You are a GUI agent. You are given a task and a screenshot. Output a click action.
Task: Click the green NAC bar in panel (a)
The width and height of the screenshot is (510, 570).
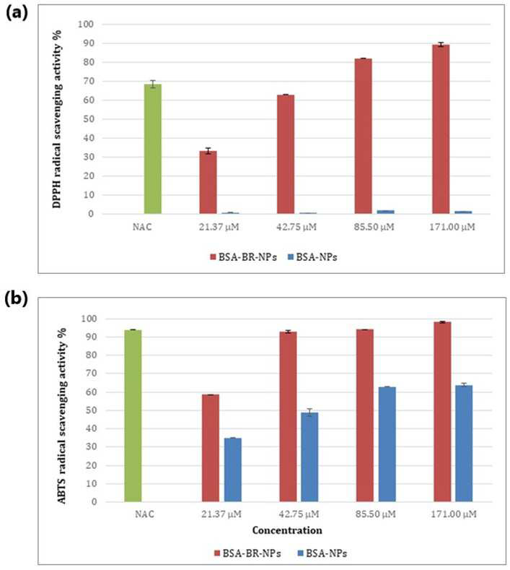[x=153, y=149]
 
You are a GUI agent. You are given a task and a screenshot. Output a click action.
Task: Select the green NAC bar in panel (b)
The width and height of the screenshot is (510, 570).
[x=133, y=416]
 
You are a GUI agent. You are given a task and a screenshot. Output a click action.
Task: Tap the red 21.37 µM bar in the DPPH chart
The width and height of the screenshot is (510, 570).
[x=208, y=182]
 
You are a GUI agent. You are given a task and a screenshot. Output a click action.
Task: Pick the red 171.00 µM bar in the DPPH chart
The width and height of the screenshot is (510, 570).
[x=441, y=129]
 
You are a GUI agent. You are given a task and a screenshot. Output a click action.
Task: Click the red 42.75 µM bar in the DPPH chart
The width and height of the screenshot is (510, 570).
[x=286, y=154]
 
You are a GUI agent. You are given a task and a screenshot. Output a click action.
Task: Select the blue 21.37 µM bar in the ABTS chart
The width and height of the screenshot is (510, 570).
[x=233, y=470]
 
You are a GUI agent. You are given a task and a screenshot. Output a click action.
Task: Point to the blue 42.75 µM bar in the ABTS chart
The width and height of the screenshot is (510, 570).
[x=309, y=457]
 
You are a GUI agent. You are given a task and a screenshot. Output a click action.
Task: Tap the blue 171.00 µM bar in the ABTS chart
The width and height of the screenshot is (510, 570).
[x=464, y=444]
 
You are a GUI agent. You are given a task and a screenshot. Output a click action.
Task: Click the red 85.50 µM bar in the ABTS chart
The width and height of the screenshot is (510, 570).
[x=365, y=416]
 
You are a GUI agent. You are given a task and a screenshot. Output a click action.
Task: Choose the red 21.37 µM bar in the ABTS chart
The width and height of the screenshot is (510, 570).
[x=211, y=448]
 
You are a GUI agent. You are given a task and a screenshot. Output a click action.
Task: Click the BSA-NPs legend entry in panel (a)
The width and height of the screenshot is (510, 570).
[x=312, y=257]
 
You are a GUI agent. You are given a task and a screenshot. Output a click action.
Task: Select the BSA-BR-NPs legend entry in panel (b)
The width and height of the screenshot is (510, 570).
[x=247, y=553]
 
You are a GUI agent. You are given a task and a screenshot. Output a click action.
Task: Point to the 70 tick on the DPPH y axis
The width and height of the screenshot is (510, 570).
[x=89, y=81]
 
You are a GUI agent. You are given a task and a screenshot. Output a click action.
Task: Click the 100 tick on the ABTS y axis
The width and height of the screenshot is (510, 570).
[x=89, y=319]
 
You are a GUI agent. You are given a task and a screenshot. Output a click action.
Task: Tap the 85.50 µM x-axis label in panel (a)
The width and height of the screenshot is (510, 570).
[x=374, y=227]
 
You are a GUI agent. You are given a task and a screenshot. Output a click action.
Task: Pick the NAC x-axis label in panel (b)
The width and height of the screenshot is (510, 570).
[x=144, y=514]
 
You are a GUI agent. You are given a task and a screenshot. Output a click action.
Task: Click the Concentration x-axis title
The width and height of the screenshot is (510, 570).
[x=287, y=530]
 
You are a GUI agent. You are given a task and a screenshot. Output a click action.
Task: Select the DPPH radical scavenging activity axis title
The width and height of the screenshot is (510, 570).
[x=58, y=119]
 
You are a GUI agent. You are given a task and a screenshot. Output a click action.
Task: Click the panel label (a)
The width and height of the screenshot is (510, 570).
[x=17, y=13]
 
